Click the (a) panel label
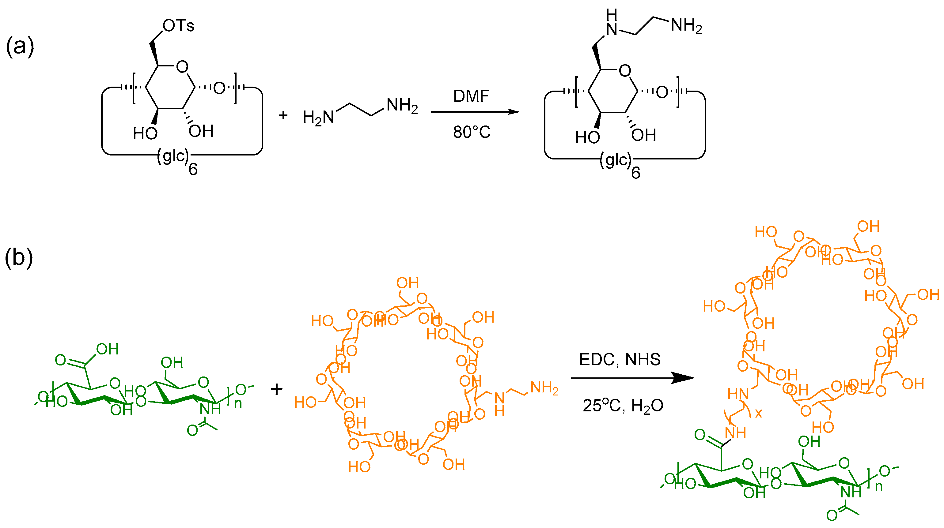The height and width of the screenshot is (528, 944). [x=20, y=47]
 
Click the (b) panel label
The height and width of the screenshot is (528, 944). [x=19, y=257]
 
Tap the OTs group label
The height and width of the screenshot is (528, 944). [x=178, y=26]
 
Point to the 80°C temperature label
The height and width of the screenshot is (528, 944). [x=472, y=132]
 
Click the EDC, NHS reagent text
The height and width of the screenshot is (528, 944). [x=620, y=359]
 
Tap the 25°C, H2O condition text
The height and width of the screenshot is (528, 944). [x=623, y=406]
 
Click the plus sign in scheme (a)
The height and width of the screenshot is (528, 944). [x=283, y=115]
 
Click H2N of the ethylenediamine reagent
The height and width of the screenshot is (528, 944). [x=318, y=118]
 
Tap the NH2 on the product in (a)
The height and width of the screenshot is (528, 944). [x=686, y=26]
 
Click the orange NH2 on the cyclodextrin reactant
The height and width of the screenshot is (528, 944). [x=544, y=388]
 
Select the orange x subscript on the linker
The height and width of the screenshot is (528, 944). [x=758, y=413]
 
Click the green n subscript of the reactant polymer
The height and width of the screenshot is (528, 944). [x=238, y=403]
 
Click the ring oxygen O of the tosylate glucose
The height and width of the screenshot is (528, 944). [x=182, y=67]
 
